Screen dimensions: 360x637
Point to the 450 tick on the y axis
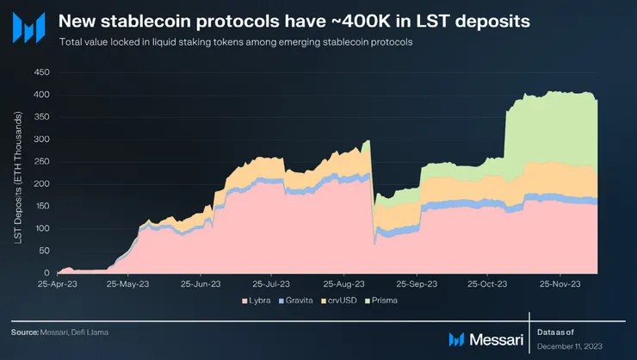pyautogui.click(x=41, y=71)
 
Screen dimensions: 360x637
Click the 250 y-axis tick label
pyautogui.click(x=41, y=161)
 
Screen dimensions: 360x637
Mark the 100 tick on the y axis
pyautogui.click(x=41, y=228)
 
